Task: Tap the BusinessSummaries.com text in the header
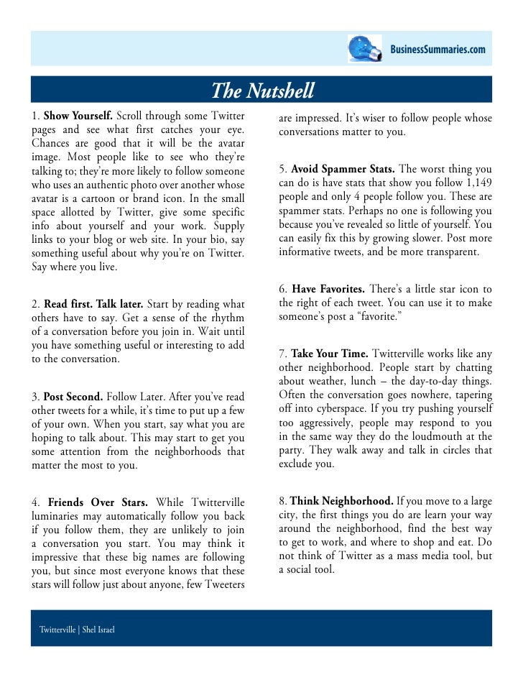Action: [438, 49]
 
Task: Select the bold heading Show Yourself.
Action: [78, 116]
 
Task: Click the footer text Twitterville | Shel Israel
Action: [77, 630]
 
